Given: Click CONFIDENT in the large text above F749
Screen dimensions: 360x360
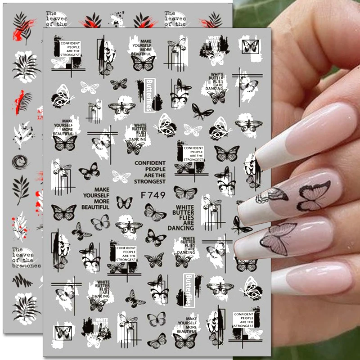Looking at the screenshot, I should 150,162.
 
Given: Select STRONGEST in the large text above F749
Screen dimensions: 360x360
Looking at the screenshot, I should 150,182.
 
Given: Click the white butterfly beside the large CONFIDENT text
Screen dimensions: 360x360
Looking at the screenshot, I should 121,176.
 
